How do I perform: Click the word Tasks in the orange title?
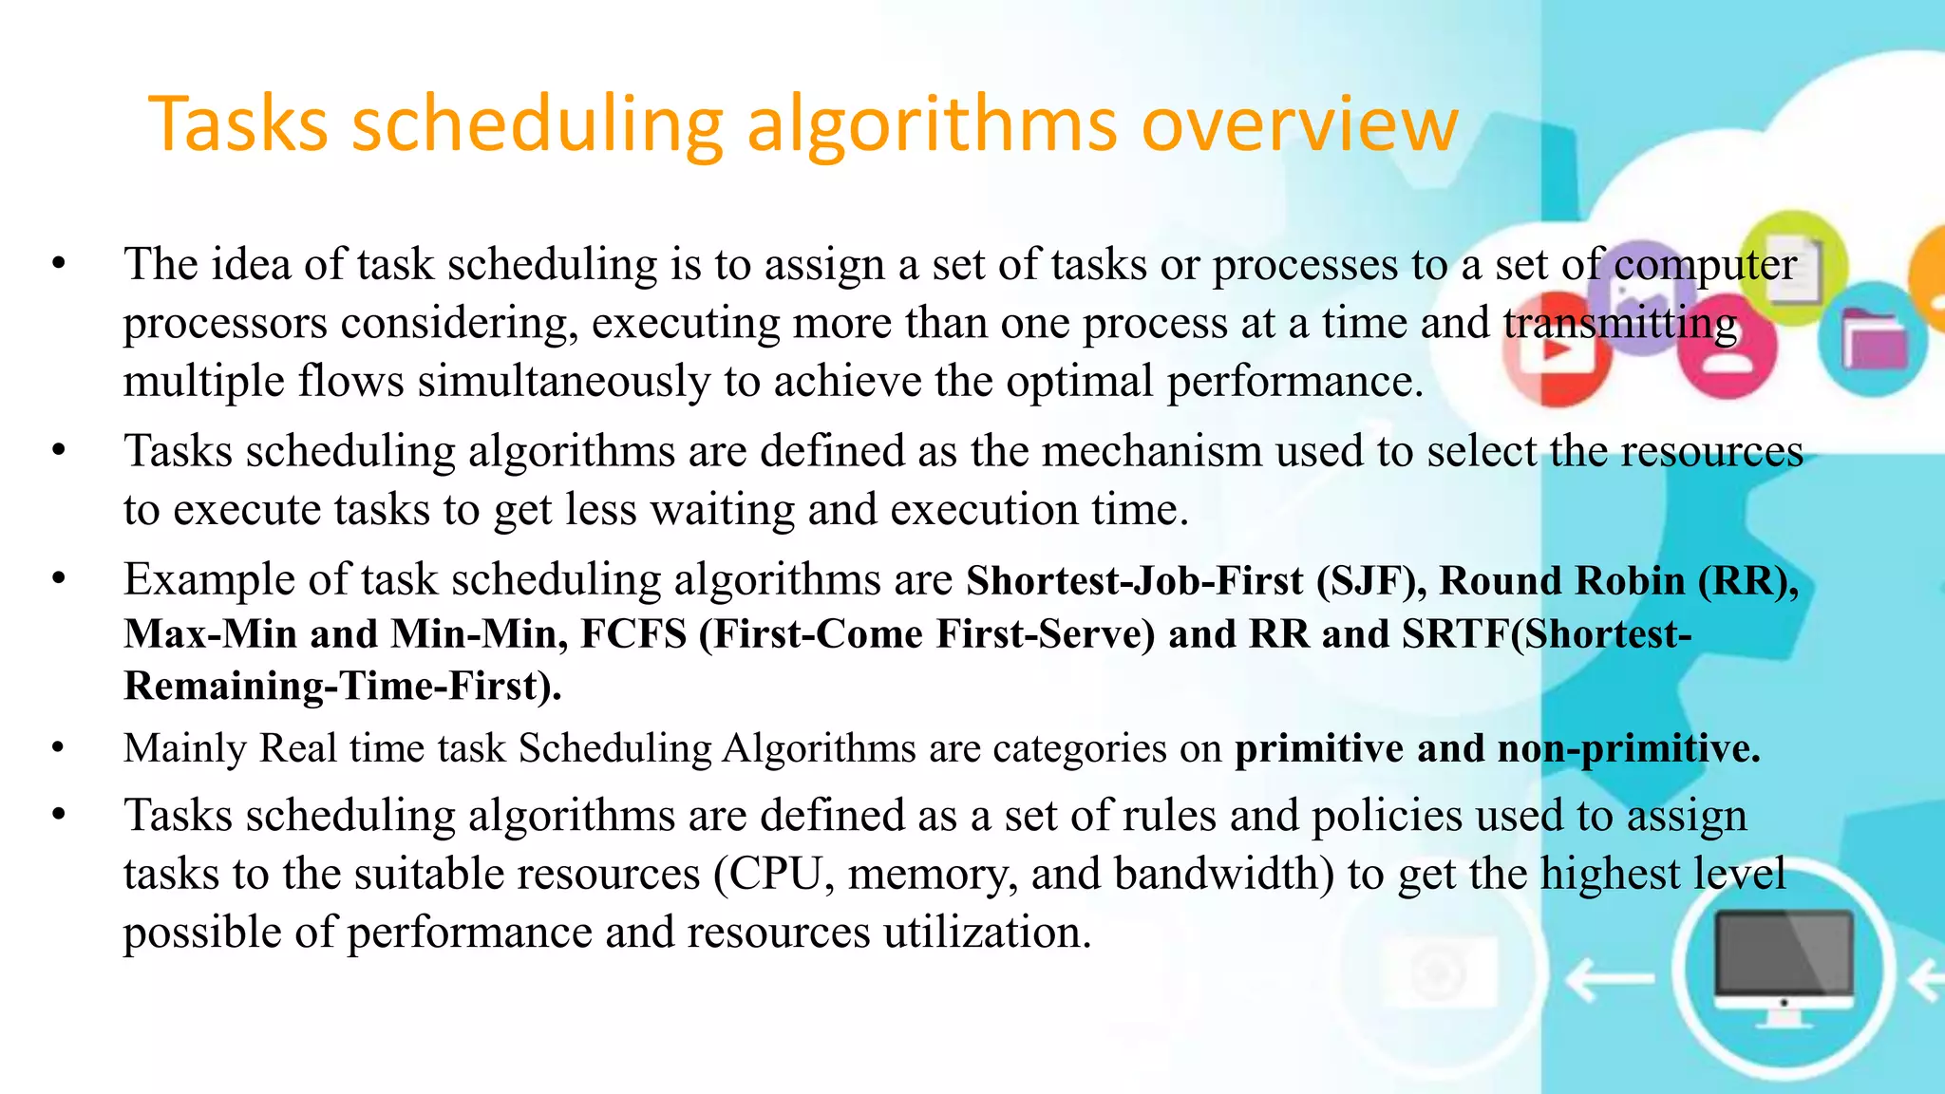(237, 124)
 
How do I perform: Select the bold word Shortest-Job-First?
(1135, 580)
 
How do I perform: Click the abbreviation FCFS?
(633, 633)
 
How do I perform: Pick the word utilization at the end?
(988, 933)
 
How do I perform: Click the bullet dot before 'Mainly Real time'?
(59, 749)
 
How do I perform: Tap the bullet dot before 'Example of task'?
(59, 578)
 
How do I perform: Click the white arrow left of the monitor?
(1608, 978)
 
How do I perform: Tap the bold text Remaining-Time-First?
(342, 686)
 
